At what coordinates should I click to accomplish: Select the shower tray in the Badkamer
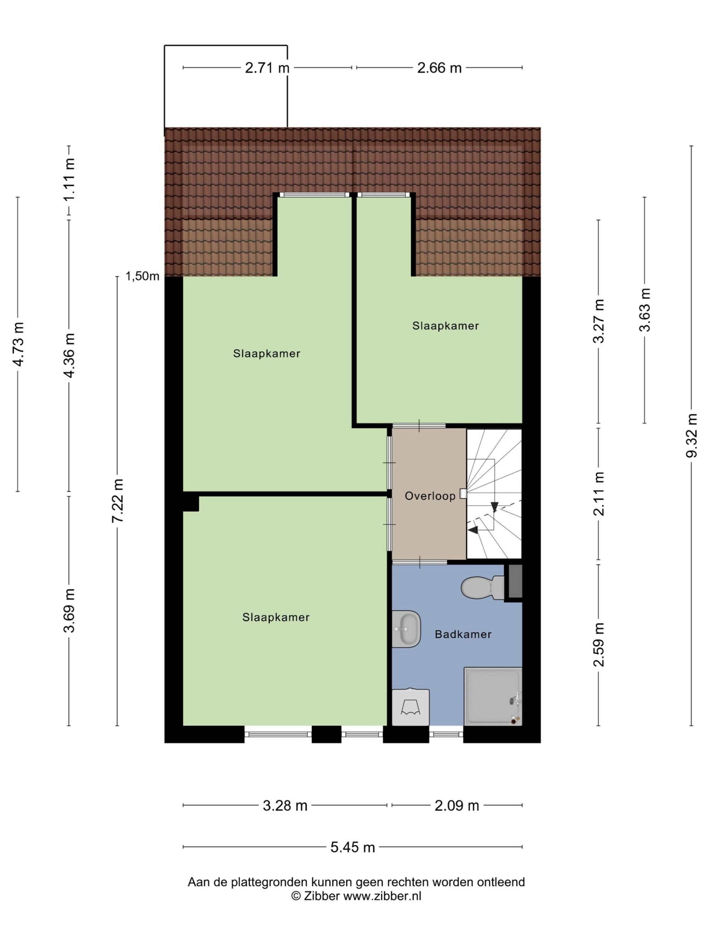pyautogui.click(x=493, y=696)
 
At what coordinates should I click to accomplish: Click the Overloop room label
pyautogui.click(x=430, y=496)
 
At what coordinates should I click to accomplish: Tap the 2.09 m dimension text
pyautogui.click(x=457, y=806)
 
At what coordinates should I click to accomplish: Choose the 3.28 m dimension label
pyautogui.click(x=285, y=806)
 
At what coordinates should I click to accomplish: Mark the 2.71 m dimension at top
pyautogui.click(x=267, y=67)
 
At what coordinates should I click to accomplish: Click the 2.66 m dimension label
pyautogui.click(x=439, y=67)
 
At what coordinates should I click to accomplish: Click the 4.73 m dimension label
pyautogui.click(x=18, y=344)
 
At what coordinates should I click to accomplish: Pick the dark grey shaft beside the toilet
pyautogui.click(x=513, y=581)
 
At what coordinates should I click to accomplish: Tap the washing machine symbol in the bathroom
pyautogui.click(x=410, y=707)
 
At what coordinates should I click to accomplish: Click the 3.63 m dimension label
pyautogui.click(x=644, y=309)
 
